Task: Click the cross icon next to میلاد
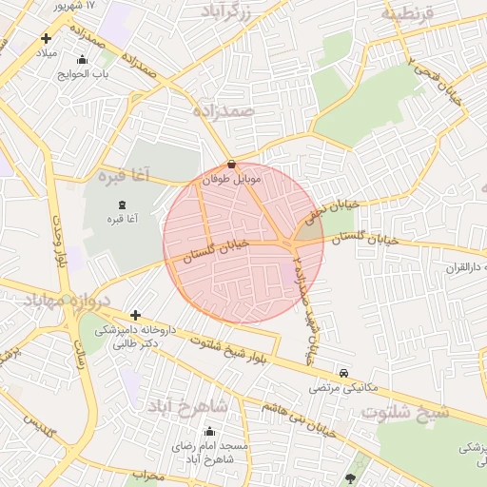46,39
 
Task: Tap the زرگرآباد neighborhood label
227,11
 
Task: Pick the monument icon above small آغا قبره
121,205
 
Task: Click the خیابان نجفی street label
337,205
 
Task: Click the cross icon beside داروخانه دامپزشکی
136,315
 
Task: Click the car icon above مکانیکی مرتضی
343,373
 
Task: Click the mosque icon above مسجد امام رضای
209,431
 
